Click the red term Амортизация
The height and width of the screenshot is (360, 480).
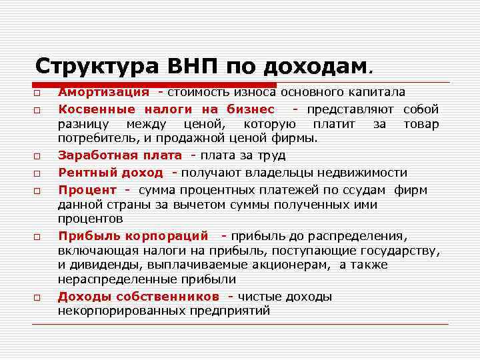pyautogui.click(x=103, y=92)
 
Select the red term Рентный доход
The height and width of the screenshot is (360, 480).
pyautogui.click(x=111, y=172)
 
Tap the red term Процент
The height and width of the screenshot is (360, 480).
pyautogui.click(x=87, y=189)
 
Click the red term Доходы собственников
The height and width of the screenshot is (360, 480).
pyautogui.click(x=138, y=296)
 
